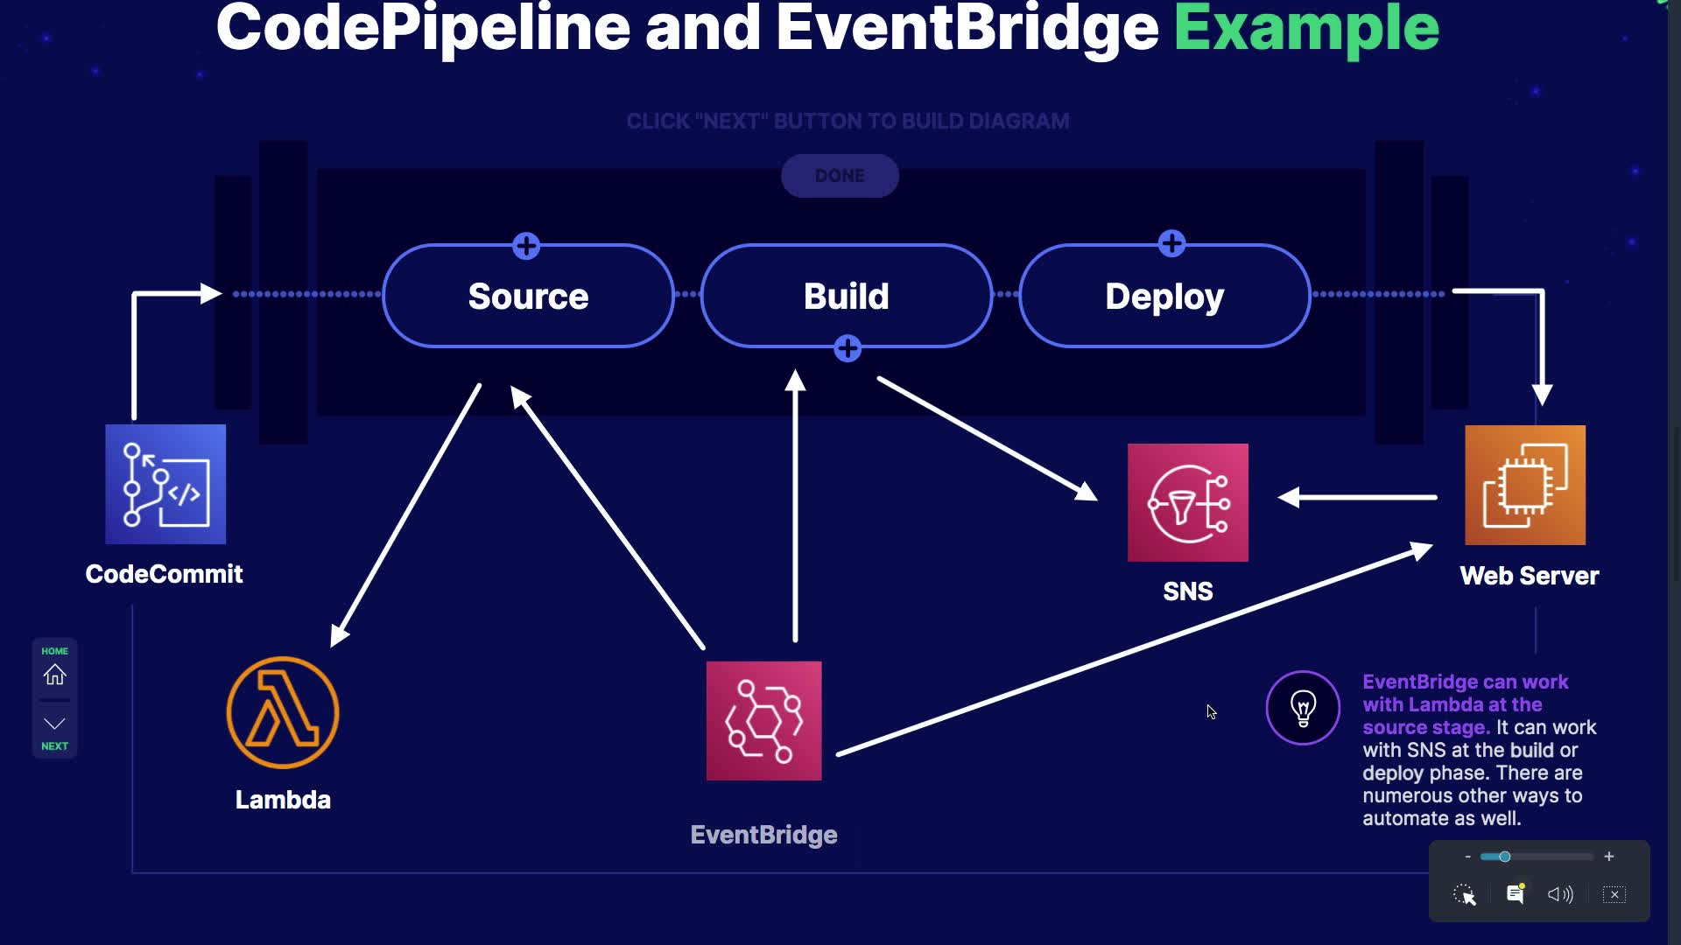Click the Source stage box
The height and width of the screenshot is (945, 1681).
[x=528, y=297]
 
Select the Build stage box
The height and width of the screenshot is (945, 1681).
[x=846, y=297]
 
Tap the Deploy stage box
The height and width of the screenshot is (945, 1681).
[x=1164, y=297]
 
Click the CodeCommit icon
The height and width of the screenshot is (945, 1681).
[x=165, y=484]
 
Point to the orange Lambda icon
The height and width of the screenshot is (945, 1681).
[x=283, y=713]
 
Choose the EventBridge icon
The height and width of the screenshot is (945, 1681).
[x=763, y=721]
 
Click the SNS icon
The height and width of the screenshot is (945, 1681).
[x=1187, y=502]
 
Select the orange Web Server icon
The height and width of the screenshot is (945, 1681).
[x=1524, y=485]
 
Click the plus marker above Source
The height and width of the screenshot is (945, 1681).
[x=526, y=246]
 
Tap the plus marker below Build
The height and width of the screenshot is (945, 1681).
[x=848, y=348]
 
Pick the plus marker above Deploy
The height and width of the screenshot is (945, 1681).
[x=1171, y=243]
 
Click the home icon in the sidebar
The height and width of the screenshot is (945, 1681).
[x=54, y=675]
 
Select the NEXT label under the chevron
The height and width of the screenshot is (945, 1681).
[x=54, y=746]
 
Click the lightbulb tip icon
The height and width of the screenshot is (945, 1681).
[x=1303, y=708]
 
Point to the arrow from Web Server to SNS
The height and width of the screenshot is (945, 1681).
[x=1357, y=497]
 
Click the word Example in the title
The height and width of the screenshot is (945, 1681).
[x=1306, y=28]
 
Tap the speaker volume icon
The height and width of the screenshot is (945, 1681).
[x=1560, y=894]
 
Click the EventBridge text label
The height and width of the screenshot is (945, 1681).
[x=763, y=835]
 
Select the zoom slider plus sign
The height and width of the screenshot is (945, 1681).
[x=1609, y=857]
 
